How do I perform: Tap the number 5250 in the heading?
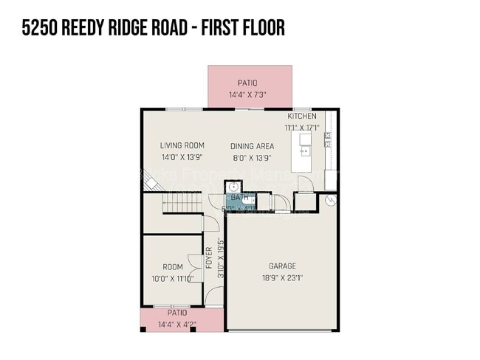[39, 28]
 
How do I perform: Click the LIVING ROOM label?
[182, 145]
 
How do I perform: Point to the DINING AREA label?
[252, 146]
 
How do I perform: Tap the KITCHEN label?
[302, 117]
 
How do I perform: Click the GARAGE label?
[281, 266]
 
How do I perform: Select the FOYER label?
[209, 257]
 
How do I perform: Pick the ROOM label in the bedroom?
[173, 266]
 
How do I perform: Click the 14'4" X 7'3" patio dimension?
[250, 94]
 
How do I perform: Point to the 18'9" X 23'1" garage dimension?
[281, 278]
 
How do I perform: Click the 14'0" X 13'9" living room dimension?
[182, 157]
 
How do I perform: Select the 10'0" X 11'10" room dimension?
[173, 278]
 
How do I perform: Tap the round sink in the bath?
[231, 187]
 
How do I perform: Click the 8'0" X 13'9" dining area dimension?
[252, 157]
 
